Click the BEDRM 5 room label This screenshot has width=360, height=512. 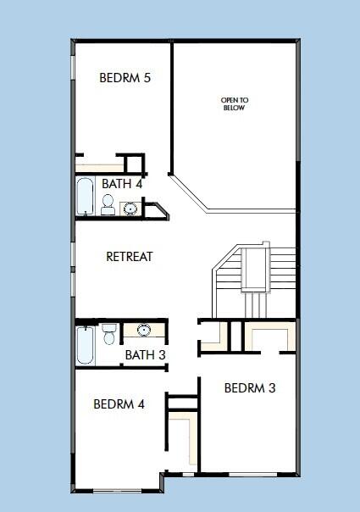[x=125, y=78]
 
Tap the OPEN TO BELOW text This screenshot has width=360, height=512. [x=235, y=104]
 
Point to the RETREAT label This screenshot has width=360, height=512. [x=129, y=256]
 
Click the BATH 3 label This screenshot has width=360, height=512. [x=145, y=354]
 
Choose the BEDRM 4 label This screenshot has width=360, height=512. [x=119, y=403]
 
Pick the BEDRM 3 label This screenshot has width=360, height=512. [x=250, y=388]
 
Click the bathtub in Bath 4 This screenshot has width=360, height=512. [x=86, y=197]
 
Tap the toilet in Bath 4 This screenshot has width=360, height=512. [x=108, y=203]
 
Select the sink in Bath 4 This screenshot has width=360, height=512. [x=130, y=208]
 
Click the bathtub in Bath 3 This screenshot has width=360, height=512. [x=86, y=345]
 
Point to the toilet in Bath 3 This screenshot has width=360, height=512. [x=109, y=335]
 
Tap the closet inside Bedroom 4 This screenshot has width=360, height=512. [x=180, y=437]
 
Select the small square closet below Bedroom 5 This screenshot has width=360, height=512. [x=132, y=163]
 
